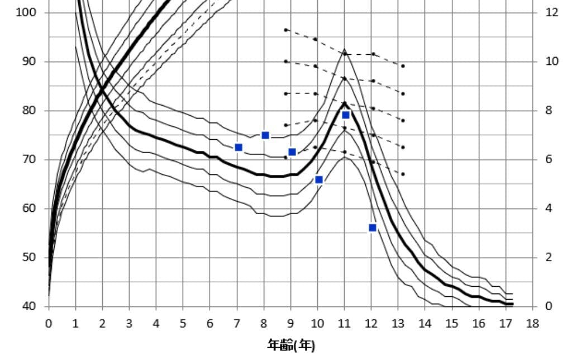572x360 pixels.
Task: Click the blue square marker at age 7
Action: tap(239, 148)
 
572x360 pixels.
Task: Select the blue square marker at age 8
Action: tap(265, 135)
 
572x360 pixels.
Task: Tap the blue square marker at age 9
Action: tap(292, 152)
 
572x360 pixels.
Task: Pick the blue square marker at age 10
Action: tap(319, 179)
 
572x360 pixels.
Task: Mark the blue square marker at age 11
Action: tap(346, 115)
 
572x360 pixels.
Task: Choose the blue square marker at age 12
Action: tap(373, 228)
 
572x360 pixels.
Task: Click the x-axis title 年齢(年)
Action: tap(292, 345)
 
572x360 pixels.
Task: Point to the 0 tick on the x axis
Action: tap(49, 324)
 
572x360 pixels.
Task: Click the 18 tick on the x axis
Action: tap(532, 324)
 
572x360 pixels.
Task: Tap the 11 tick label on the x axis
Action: tap(344, 324)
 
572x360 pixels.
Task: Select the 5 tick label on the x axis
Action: tap(183, 324)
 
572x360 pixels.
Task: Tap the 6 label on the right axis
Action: tap(549, 159)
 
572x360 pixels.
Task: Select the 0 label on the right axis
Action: tap(549, 306)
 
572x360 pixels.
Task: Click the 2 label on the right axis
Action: tap(549, 257)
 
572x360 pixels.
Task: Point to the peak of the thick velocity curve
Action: tap(344, 103)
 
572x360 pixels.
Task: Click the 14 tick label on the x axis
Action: tap(425, 324)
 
